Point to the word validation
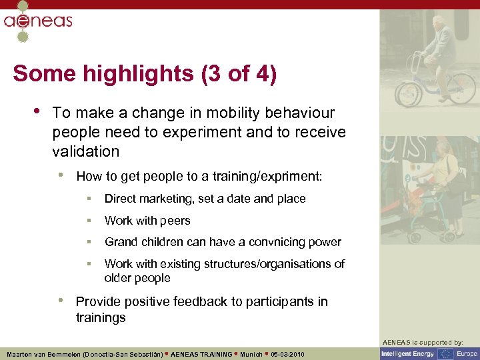tap(85, 151)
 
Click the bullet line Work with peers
tap(147, 221)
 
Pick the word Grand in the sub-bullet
tap(121, 242)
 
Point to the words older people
tap(137, 278)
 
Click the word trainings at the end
tap(101, 317)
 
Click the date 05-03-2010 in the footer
tap(288, 355)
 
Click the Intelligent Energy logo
tap(407, 353)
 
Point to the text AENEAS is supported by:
tap(429, 342)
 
